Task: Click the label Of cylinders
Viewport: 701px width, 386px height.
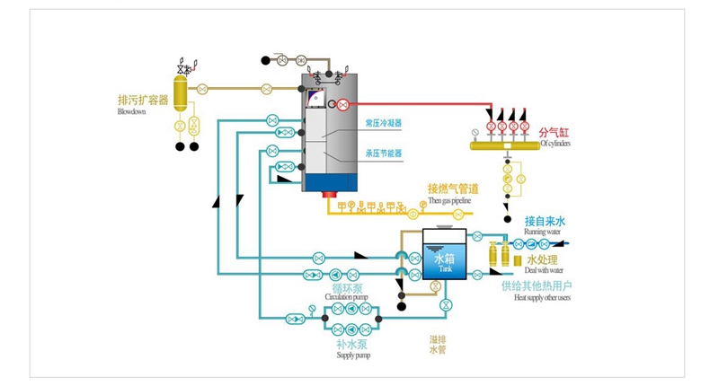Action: click(555, 144)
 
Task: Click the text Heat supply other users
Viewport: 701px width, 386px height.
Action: click(543, 297)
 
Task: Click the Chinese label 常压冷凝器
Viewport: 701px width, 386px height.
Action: click(383, 123)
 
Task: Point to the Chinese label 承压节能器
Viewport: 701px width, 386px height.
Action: click(383, 153)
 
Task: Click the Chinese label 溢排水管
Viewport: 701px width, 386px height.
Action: click(438, 344)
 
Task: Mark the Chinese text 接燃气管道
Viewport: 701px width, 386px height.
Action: click(452, 189)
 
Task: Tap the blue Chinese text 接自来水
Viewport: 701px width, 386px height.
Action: click(545, 221)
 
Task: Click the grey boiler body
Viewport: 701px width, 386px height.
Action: click(330, 135)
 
